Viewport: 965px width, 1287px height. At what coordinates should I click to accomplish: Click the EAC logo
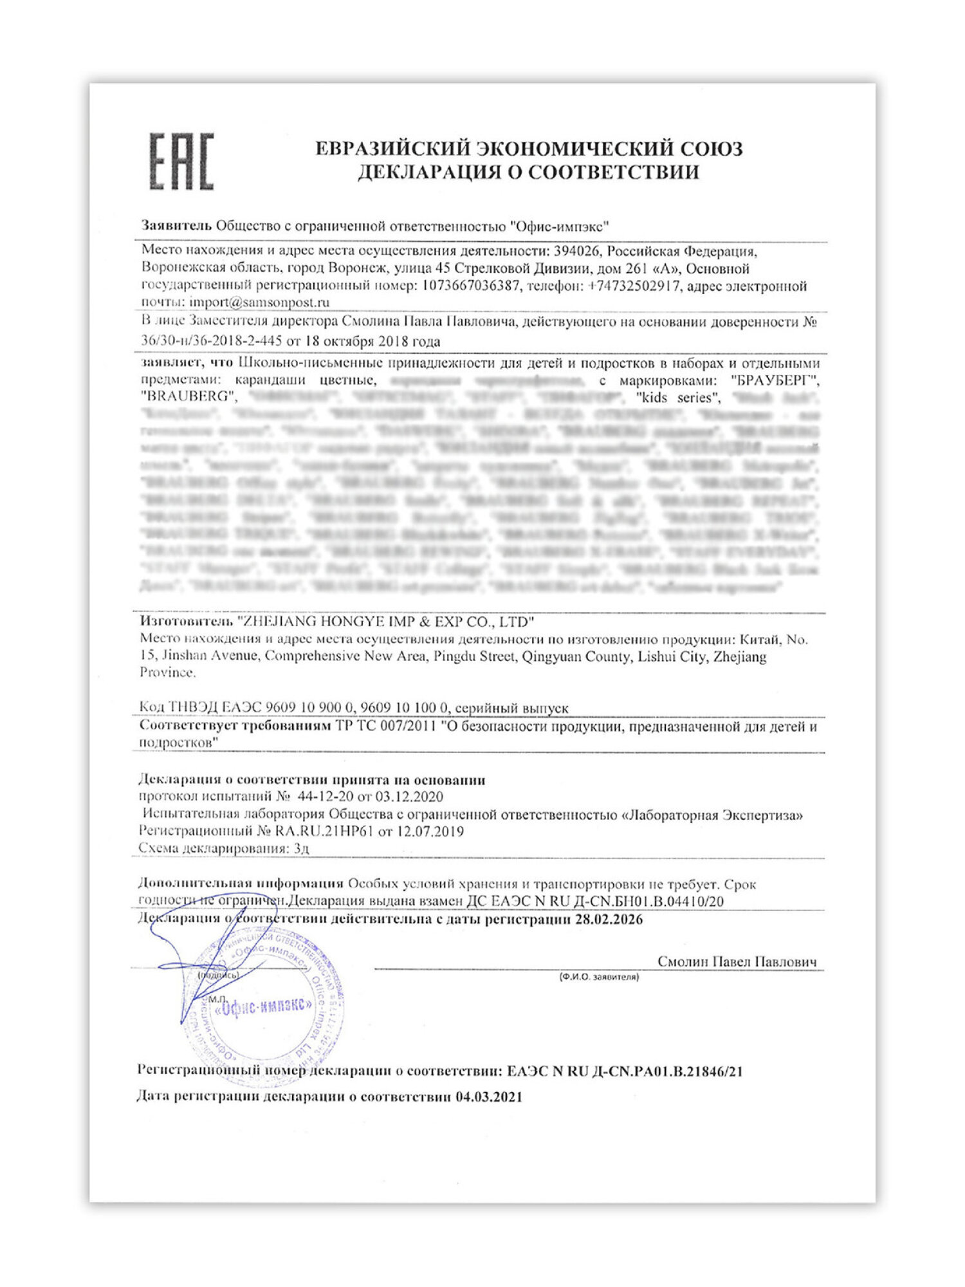(x=181, y=162)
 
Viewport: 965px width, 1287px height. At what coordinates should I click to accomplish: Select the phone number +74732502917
(x=634, y=286)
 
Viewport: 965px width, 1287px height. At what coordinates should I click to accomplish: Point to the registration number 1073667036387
(x=470, y=286)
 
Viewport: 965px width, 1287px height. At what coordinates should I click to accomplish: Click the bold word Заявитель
(x=176, y=226)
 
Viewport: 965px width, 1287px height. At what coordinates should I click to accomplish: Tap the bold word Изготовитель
(x=185, y=622)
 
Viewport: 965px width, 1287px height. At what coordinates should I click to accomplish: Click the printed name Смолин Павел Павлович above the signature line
(x=737, y=961)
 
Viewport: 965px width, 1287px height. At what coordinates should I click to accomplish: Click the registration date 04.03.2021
(x=489, y=1097)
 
